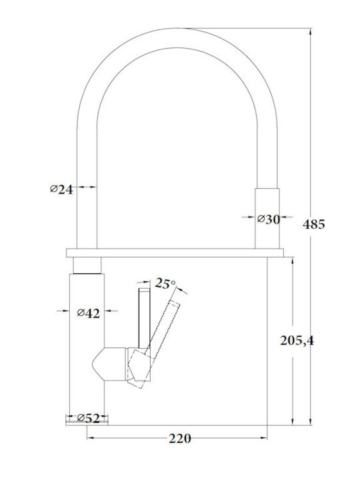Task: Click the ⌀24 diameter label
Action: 61,190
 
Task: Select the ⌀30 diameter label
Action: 269,219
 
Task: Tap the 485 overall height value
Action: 314,225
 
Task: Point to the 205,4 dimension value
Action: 297,341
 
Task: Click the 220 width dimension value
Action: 180,439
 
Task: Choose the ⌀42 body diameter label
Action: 89,313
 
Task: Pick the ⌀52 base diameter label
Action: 89,418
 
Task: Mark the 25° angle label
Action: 165,283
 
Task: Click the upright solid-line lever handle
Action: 144,319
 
